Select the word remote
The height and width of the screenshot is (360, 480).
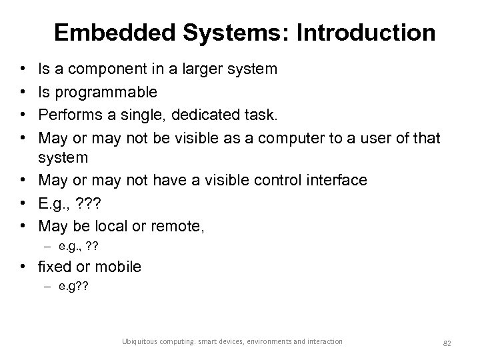pyautogui.click(x=176, y=225)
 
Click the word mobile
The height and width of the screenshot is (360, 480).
pyautogui.click(x=119, y=267)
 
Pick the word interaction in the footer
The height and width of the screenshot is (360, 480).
pyautogui.click(x=324, y=342)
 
